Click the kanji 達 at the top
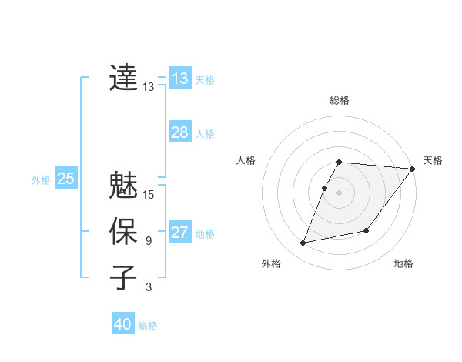[124, 78]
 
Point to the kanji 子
[124, 277]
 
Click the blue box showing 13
[180, 79]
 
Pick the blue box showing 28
[180, 132]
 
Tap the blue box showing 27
[180, 233]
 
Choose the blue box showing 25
[66, 179]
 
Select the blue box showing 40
[123, 324]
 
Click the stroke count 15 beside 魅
[149, 195]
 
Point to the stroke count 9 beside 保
[149, 241]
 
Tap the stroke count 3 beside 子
[149, 287]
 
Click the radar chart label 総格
[340, 100]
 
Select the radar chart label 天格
[433, 160]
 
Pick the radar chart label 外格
[271, 263]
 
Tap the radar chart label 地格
[403, 263]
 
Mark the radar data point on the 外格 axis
[303, 243]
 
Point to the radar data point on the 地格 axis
[367, 230]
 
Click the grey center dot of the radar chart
[340, 193]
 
